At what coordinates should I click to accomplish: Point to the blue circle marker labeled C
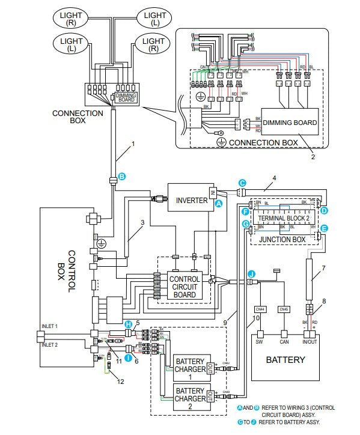click(x=242, y=183)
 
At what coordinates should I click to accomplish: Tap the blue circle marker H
click(x=127, y=324)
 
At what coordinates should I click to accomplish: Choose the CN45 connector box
click(x=284, y=309)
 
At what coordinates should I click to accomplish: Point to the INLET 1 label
click(x=49, y=326)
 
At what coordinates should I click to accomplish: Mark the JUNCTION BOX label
click(x=283, y=239)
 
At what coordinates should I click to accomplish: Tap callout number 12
click(x=121, y=382)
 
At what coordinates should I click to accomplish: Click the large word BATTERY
click(x=285, y=360)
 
